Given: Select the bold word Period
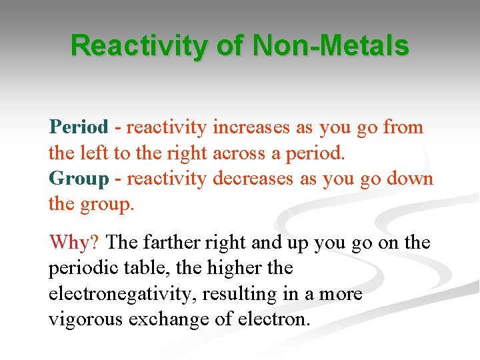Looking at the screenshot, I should (78, 127).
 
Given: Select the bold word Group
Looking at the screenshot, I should (78, 179).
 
